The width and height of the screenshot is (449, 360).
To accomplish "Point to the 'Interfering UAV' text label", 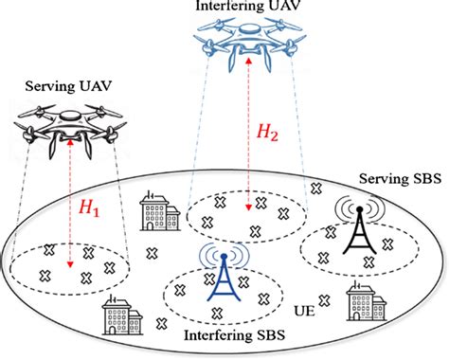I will point(244,6).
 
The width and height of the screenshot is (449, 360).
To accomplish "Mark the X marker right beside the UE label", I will point(325,300).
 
